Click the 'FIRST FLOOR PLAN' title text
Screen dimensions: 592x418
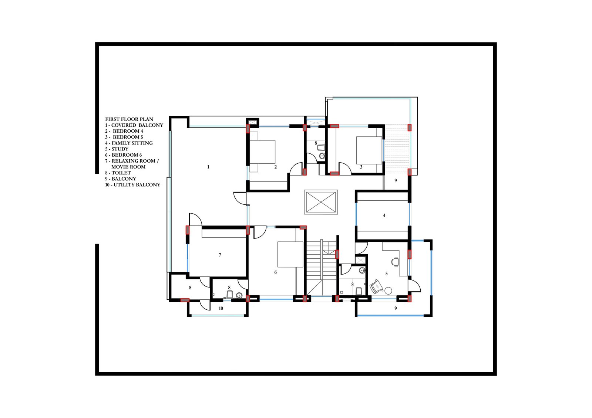pos(129,119)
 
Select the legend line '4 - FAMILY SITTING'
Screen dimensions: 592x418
pos(129,143)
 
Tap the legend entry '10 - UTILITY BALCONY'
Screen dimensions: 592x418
pos(133,185)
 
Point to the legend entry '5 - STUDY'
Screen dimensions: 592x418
pos(117,149)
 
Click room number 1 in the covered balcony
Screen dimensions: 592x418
pos(208,167)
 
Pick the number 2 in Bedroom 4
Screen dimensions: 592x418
pos(275,167)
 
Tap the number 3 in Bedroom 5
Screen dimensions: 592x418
pos(361,167)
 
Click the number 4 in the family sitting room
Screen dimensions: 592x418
pos(384,215)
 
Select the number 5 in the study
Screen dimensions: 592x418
pos(386,273)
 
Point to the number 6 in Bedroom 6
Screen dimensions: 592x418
pos(275,272)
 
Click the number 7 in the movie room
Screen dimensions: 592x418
pos(220,255)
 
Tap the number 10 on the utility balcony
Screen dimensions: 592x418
pos(221,308)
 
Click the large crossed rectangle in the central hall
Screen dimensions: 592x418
pos(321,202)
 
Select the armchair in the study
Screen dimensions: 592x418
pos(376,286)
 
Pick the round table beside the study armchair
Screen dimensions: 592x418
pos(388,291)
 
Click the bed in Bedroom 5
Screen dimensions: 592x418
pos(369,150)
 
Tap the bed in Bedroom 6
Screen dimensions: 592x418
pos(290,254)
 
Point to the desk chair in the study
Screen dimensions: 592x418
pos(395,262)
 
